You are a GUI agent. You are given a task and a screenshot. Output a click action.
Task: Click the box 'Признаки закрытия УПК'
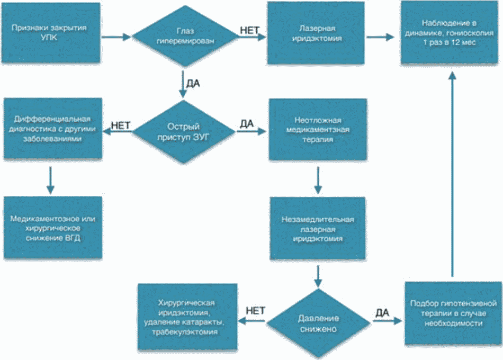tap(51, 32)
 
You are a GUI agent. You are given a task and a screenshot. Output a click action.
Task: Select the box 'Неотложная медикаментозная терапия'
tap(318, 129)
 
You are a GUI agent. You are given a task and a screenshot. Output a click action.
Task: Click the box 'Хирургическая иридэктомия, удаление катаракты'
tap(187, 317)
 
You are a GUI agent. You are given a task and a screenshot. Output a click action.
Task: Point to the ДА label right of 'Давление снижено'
tap(382, 312)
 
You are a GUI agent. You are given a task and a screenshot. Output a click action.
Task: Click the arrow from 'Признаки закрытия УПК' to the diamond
tap(116, 37)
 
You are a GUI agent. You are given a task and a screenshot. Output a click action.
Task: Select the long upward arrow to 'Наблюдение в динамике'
tap(452, 175)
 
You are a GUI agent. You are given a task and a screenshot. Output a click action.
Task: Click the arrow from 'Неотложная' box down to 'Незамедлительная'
tap(318, 181)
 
